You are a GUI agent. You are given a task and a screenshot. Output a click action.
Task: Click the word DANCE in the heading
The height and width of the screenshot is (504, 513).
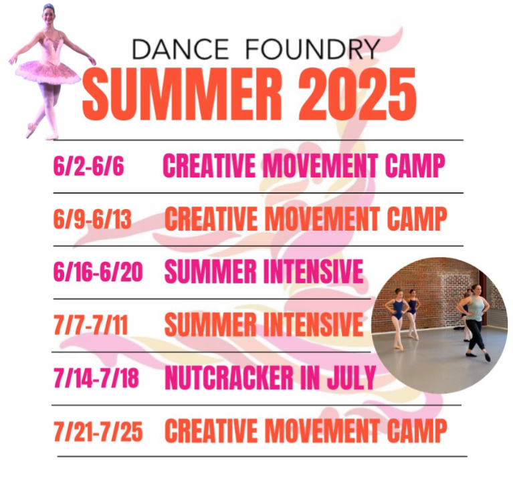click(x=181, y=49)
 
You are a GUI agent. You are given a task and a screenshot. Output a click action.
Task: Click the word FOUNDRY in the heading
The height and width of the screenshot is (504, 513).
click(x=312, y=49)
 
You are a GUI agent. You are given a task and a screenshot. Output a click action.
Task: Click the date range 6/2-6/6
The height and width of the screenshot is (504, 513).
click(x=89, y=166)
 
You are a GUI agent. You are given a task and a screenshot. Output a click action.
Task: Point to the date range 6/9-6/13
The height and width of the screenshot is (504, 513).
click(x=92, y=219)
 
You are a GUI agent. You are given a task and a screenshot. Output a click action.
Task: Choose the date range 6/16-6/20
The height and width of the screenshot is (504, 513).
click(x=98, y=272)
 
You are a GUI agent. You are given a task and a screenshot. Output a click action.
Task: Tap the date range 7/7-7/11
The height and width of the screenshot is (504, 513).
click(x=90, y=325)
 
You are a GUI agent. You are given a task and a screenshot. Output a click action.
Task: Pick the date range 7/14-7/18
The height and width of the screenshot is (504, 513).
click(x=96, y=378)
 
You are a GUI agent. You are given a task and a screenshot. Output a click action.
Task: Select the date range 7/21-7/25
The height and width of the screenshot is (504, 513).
click(x=98, y=431)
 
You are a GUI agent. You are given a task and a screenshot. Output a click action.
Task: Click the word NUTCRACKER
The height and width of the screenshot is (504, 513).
click(x=229, y=378)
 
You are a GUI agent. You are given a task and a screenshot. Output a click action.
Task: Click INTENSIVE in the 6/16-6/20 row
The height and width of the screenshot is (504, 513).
click(x=313, y=271)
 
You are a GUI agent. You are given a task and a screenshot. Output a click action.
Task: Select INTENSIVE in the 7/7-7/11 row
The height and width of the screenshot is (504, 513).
click(x=313, y=324)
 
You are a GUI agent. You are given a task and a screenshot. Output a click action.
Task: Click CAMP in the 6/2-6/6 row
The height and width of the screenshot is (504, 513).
click(x=415, y=166)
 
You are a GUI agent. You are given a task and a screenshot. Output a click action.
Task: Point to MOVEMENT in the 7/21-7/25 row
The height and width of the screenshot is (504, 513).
click(x=322, y=430)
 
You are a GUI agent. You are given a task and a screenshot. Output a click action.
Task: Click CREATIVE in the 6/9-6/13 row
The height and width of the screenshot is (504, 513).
click(x=211, y=219)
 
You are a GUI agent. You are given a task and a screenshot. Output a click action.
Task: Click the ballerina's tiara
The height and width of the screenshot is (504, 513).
click(x=49, y=6)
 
